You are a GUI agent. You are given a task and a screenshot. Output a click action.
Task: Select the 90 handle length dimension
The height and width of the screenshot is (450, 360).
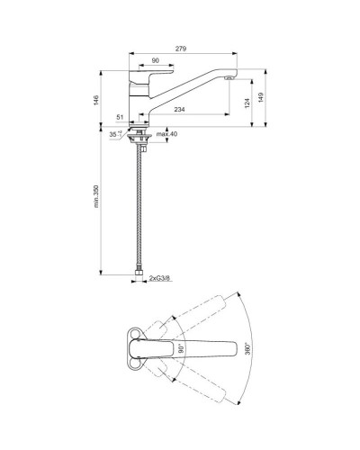156,61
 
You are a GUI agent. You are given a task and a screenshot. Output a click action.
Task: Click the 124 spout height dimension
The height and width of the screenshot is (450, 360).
246,103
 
